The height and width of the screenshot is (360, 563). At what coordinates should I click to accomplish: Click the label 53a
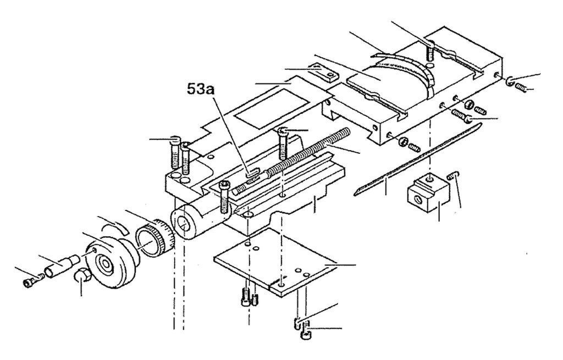200,88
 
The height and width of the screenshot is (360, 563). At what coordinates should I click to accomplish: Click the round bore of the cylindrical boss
185,225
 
